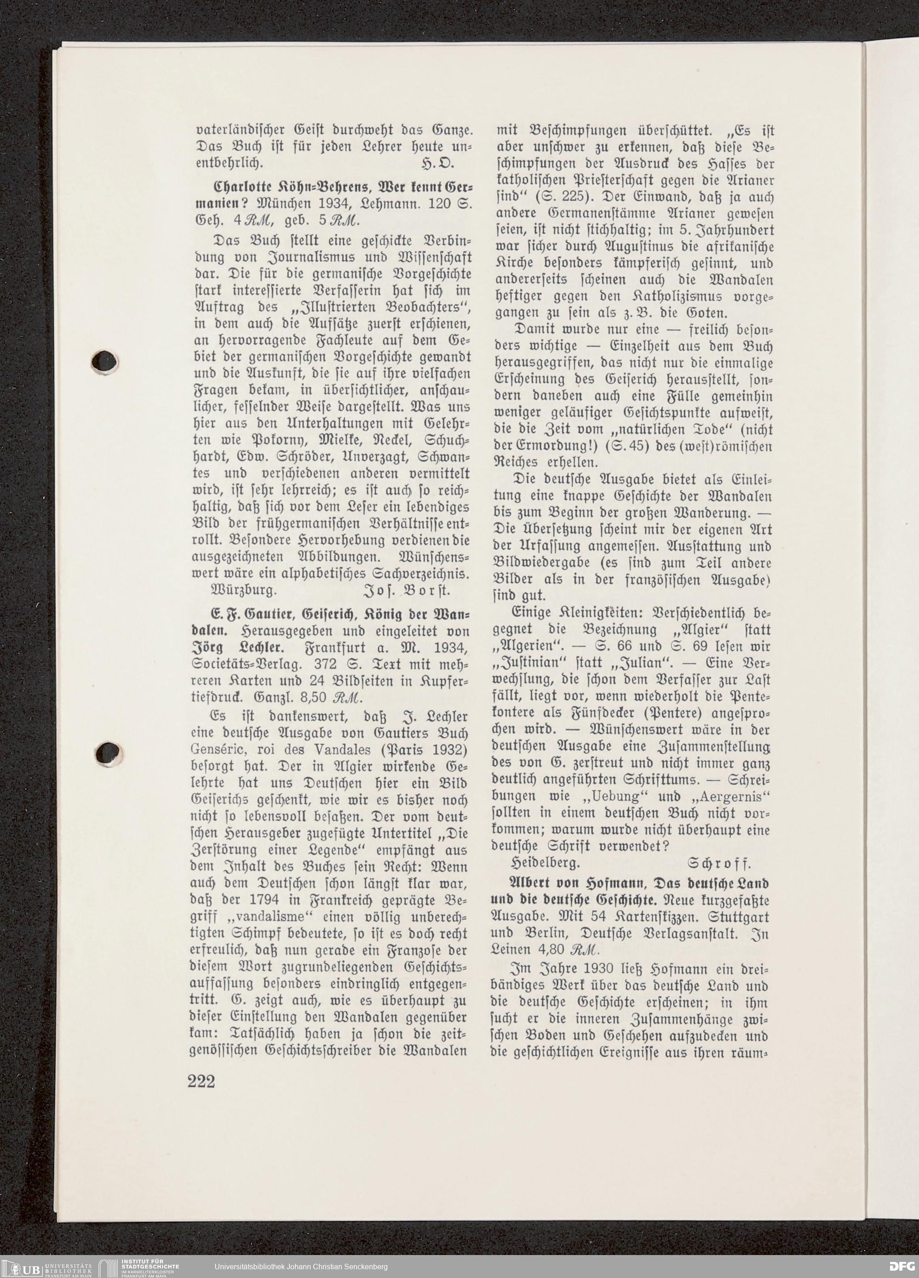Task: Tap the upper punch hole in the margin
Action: coord(107,361)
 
